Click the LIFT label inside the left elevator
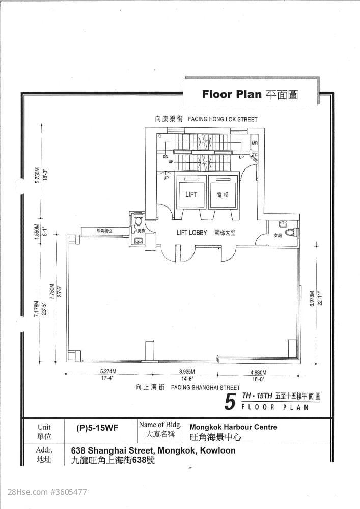pos(191,194)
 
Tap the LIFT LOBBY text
pos(191,233)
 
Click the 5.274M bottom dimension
pos(108,371)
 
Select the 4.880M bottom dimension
pos(258,371)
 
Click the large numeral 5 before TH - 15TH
pos(230,402)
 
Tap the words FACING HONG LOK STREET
pos(223,119)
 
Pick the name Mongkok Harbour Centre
pos(233,427)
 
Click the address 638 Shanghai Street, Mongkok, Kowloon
pos(153,450)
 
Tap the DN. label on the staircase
pos(165,157)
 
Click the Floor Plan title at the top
pos(231,94)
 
